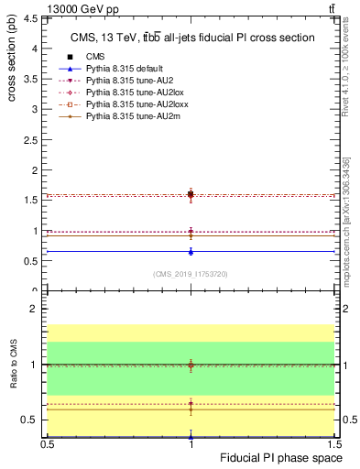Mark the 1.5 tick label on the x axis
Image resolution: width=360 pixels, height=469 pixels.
point(335,444)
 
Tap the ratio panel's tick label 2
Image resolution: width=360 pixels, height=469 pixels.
point(37,309)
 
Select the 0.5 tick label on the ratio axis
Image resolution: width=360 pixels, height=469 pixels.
point(32,420)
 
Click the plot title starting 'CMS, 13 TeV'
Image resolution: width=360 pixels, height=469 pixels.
point(192,38)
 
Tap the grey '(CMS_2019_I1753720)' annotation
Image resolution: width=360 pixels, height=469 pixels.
point(191,274)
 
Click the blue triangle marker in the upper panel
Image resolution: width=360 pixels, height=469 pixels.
point(191,251)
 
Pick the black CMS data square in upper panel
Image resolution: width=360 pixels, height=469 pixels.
point(191,194)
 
